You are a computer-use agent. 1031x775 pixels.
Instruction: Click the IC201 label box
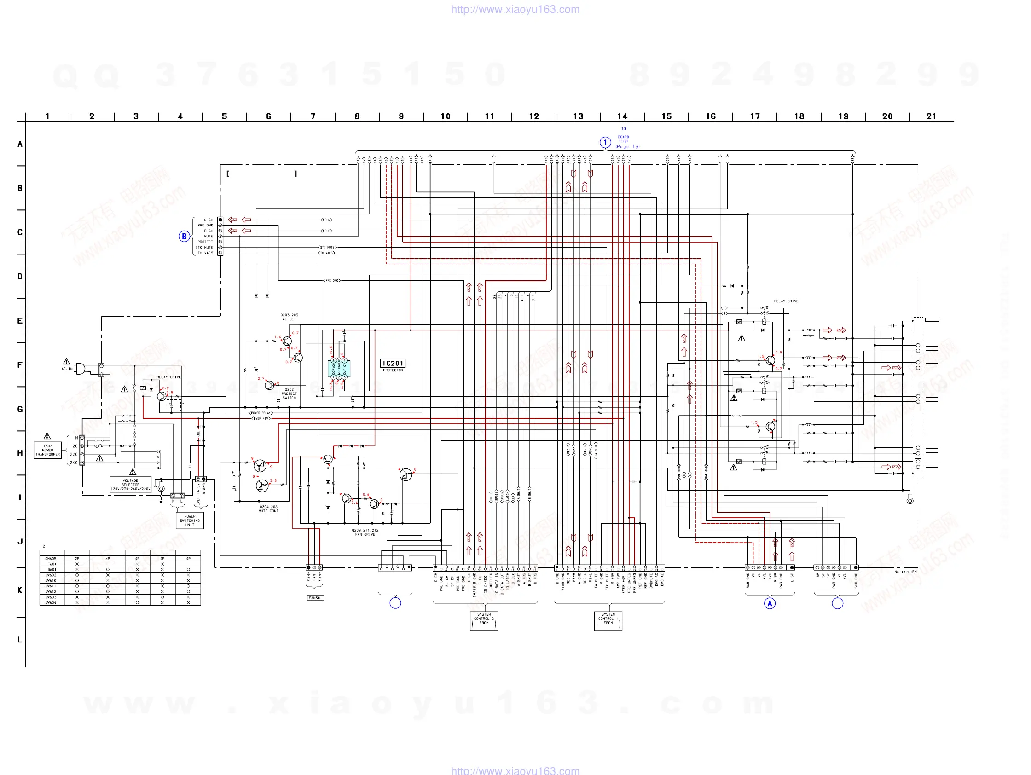(x=393, y=364)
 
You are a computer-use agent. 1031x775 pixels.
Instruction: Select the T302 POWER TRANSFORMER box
(x=47, y=450)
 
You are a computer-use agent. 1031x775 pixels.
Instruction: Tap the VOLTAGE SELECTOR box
(x=131, y=485)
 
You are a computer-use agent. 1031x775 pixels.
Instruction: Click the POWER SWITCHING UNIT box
(x=190, y=521)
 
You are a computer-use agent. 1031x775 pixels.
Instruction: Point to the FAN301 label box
(x=315, y=598)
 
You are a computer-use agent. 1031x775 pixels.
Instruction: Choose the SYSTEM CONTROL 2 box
(x=484, y=621)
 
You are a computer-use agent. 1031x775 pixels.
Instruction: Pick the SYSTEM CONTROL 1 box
(x=608, y=621)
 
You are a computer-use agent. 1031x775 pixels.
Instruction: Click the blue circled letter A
(x=770, y=603)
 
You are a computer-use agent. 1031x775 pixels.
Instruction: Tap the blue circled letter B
(x=184, y=236)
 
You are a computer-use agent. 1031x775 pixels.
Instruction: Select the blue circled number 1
(x=605, y=142)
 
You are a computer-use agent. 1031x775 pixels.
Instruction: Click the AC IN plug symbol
(x=80, y=369)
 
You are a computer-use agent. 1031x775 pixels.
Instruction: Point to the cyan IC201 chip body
(x=339, y=369)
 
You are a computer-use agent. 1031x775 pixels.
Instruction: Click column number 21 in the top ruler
(x=931, y=116)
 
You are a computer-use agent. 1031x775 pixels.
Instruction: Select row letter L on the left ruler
(x=20, y=640)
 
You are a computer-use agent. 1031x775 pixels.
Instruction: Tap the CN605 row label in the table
(x=51, y=558)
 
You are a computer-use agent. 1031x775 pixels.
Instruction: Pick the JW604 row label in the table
(x=51, y=602)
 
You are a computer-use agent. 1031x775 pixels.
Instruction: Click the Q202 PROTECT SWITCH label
(x=289, y=394)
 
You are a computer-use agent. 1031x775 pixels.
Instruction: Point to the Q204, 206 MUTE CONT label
(x=268, y=509)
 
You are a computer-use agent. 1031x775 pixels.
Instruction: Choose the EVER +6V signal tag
(x=261, y=418)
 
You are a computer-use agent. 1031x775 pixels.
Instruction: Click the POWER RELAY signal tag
(x=261, y=413)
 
